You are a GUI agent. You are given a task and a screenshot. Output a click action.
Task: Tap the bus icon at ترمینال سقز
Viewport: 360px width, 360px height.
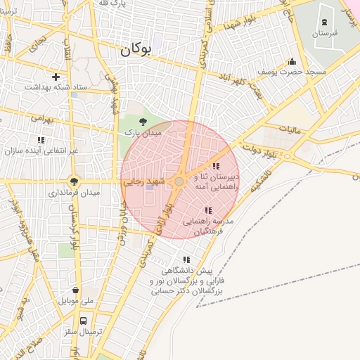point(84,321)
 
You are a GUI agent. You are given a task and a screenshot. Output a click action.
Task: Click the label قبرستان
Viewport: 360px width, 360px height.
point(325,33)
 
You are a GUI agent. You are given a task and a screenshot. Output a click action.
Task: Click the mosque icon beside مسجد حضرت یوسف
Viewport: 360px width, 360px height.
point(292,62)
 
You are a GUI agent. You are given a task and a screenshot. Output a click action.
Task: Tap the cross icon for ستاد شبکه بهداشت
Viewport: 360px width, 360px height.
point(56,76)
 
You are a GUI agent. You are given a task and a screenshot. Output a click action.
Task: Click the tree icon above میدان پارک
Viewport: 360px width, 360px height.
point(143,122)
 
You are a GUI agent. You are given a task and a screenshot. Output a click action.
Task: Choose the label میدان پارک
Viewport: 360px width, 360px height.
point(143,131)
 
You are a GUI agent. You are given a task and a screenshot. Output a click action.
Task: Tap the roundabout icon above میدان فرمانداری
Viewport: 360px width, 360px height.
point(74,180)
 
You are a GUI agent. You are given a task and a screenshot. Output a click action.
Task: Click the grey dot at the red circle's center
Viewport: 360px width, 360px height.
point(179,181)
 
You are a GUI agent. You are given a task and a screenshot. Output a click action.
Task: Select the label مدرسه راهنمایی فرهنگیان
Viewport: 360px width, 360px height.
point(212,225)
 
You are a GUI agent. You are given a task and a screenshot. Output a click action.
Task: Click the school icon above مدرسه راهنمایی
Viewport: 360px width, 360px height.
point(207,210)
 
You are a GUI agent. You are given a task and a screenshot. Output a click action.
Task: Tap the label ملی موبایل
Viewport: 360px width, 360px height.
point(76,301)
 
